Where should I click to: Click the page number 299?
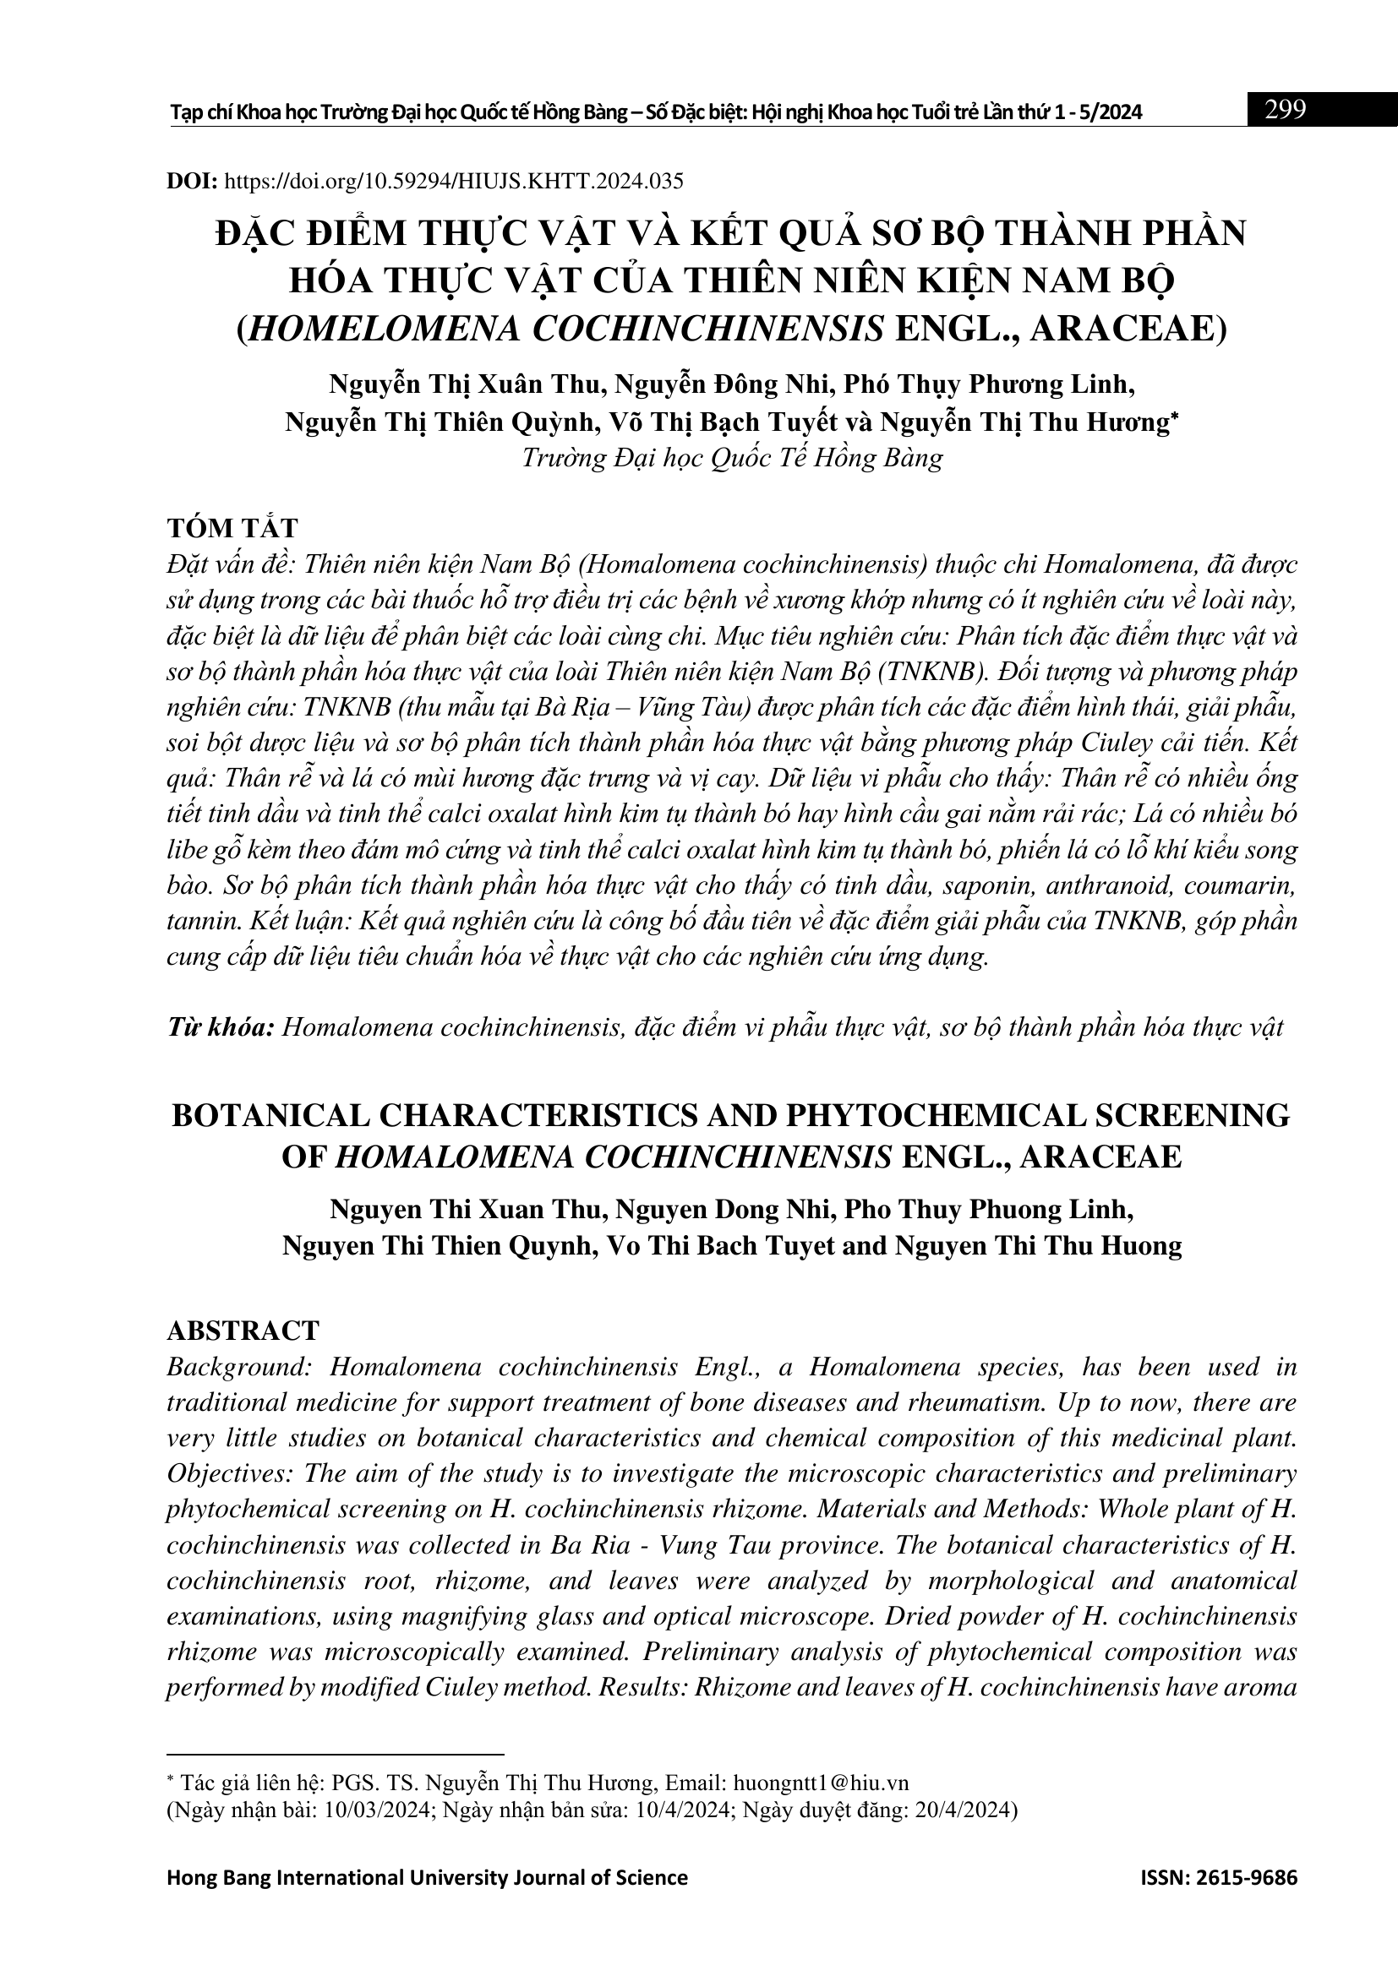click(1285, 109)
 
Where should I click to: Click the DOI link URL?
click(454, 181)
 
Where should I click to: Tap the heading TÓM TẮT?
click(232, 527)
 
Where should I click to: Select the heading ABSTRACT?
click(243, 1331)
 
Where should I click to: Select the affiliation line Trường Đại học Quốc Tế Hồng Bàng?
click(732, 457)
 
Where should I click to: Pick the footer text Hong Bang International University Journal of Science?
click(427, 1877)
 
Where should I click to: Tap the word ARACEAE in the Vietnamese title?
click(1128, 329)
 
